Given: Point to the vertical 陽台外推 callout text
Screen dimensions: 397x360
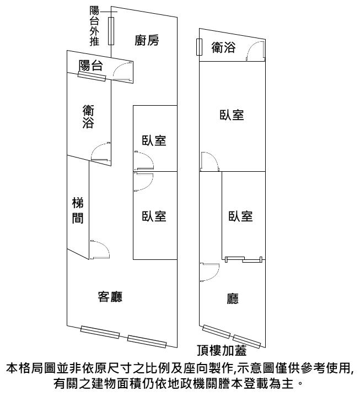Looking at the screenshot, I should (x=94, y=26).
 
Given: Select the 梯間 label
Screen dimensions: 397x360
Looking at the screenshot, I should (x=78, y=210).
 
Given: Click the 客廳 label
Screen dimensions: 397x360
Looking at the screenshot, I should (x=110, y=297).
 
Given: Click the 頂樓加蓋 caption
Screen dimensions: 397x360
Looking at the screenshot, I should (x=221, y=348).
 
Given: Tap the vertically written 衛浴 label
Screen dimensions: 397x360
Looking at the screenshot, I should (x=88, y=116).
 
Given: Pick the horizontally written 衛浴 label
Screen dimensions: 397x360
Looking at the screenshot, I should (x=223, y=48).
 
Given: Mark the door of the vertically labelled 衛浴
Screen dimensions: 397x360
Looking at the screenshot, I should (x=101, y=151).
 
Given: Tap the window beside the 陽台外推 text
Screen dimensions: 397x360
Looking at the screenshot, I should (x=111, y=30).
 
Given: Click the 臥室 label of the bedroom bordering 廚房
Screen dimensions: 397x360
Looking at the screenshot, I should (x=154, y=140).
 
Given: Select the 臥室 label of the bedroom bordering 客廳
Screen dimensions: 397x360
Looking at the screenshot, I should (x=154, y=216).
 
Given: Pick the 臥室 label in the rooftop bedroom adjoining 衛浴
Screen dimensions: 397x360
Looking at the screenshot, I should (x=232, y=115).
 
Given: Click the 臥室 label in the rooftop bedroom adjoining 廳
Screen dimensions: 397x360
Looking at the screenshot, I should (x=240, y=216).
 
